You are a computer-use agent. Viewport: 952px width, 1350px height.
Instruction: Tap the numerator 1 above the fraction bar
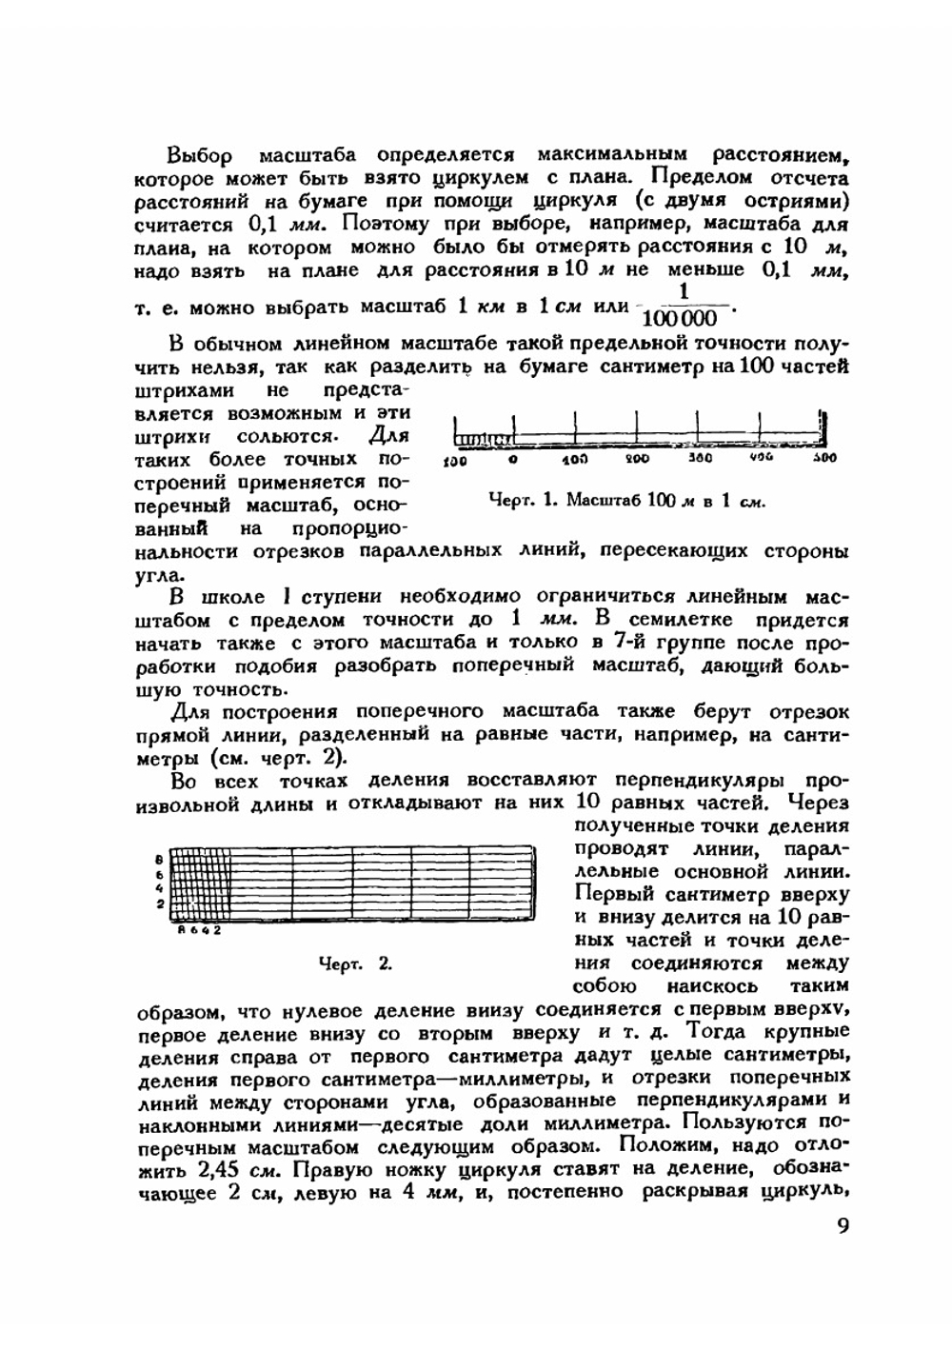[x=683, y=291]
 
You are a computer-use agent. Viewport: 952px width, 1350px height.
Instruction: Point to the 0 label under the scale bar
[x=512, y=460]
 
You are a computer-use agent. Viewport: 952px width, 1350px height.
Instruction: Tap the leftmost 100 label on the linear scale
[x=454, y=461]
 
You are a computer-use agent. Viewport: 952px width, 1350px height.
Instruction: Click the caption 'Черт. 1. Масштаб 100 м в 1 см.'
[x=625, y=500]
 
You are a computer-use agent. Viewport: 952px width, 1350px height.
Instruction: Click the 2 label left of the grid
[x=161, y=903]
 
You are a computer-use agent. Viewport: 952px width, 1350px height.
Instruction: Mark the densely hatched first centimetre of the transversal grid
[x=200, y=883]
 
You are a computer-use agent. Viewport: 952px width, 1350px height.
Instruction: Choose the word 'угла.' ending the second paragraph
[x=159, y=575]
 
